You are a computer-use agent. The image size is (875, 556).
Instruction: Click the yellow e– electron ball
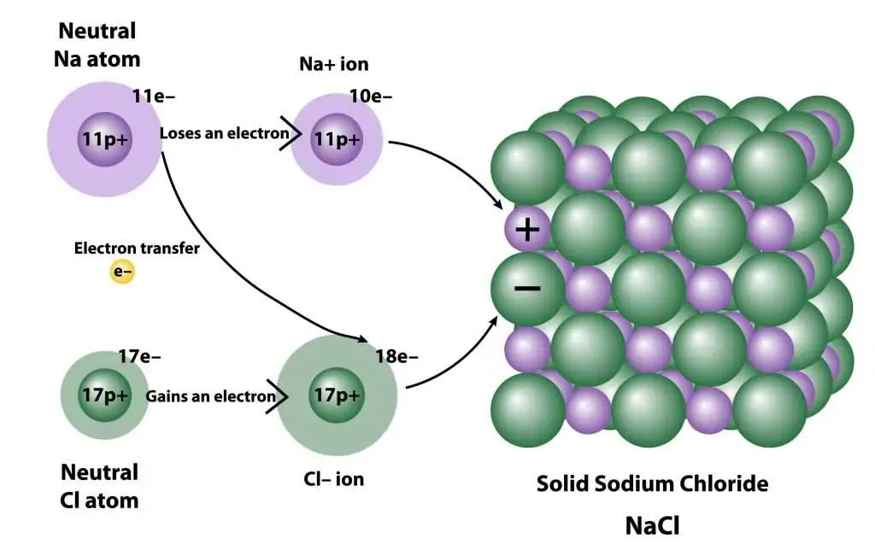122,272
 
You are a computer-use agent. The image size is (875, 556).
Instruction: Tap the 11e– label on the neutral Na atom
154,97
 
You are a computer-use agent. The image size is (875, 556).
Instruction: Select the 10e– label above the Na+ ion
371,97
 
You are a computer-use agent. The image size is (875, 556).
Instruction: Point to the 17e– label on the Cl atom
139,356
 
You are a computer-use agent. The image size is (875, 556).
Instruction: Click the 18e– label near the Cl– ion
396,356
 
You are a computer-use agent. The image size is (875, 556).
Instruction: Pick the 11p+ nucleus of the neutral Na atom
105,139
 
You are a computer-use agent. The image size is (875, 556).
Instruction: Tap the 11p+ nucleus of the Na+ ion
337,139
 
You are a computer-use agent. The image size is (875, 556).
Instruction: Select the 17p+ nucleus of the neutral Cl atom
105,395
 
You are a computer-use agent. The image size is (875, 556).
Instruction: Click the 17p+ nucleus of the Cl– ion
337,395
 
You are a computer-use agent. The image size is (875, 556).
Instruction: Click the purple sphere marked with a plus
527,229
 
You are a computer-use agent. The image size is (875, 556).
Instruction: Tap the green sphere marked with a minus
527,289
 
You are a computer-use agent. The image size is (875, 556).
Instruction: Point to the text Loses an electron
225,133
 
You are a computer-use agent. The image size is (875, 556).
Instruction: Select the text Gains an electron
211,396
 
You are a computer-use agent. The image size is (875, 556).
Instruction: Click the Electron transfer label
137,249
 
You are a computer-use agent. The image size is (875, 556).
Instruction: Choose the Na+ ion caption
334,64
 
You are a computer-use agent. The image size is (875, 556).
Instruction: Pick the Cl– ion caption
334,479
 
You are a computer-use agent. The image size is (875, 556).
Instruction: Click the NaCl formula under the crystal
652,526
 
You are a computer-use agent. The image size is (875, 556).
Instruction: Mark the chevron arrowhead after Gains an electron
278,396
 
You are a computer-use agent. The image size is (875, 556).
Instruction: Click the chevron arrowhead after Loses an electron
291,133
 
